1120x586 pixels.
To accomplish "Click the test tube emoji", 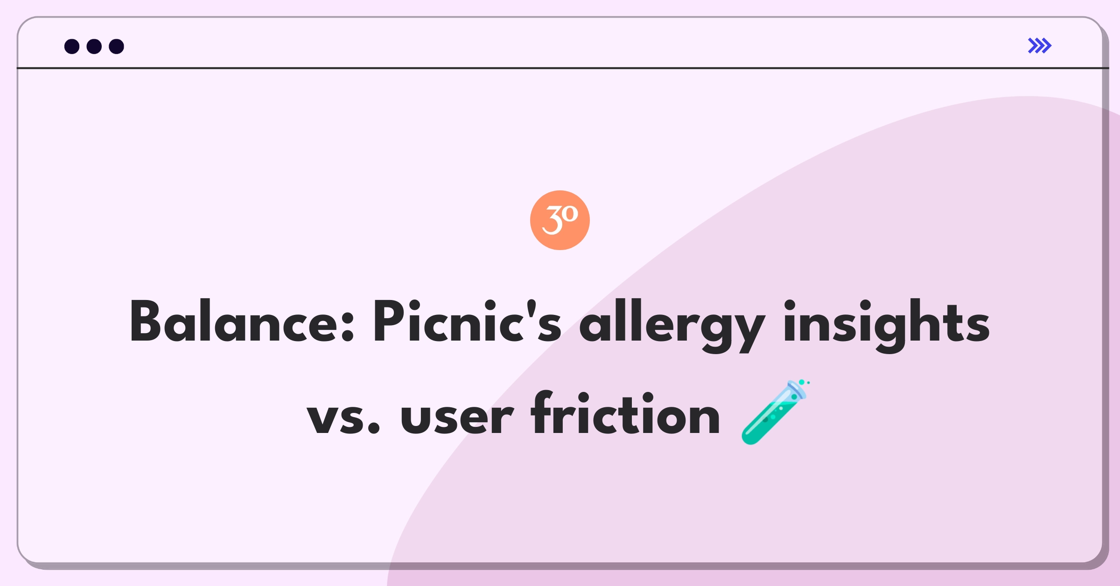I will (775, 412).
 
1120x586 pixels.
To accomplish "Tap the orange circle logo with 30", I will (560, 220).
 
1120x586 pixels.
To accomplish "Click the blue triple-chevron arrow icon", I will (1039, 46).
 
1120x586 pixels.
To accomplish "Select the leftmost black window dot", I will (72, 46).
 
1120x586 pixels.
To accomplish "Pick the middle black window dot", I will (94, 46).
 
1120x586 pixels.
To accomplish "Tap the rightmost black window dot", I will (116, 46).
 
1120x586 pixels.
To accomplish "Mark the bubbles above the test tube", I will (804, 383).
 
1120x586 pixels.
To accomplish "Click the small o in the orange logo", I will (570, 214).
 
